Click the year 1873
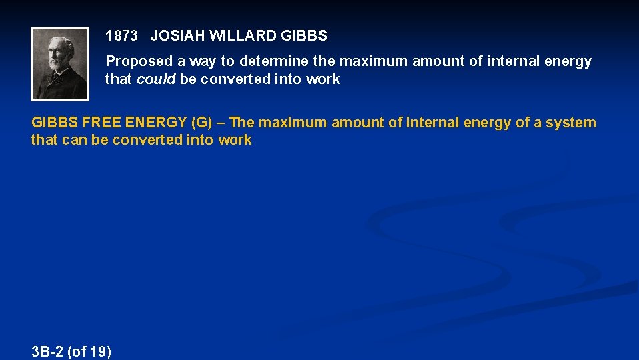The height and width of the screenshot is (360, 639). click(x=121, y=35)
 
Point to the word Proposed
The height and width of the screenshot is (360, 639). click(x=139, y=61)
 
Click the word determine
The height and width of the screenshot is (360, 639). click(x=274, y=61)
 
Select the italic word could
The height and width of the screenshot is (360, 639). click(x=157, y=79)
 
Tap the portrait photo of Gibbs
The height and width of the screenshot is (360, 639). click(x=60, y=63)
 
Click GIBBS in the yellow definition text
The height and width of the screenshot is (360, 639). click(x=54, y=123)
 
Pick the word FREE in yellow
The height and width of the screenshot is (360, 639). click(x=101, y=123)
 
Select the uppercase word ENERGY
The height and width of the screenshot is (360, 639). click(x=155, y=123)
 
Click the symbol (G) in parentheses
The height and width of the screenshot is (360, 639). click(x=201, y=123)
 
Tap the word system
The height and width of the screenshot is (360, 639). click(x=573, y=123)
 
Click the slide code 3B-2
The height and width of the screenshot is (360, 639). click(x=47, y=351)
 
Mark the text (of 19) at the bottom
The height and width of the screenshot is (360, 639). click(x=89, y=351)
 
